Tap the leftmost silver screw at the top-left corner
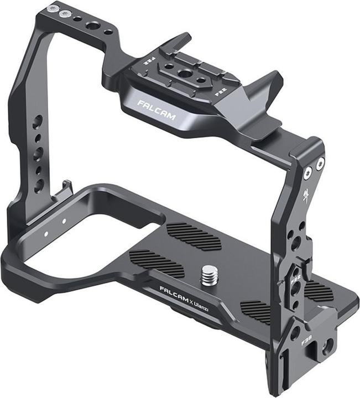53,9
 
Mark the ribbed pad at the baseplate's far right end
319,291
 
